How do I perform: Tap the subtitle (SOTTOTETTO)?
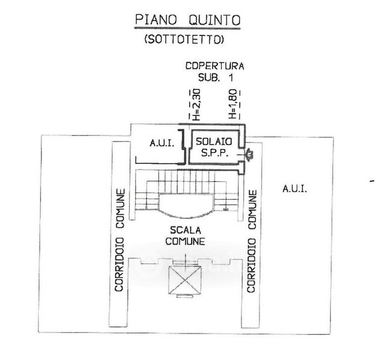coord(184,40)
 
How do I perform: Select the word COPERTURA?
coord(214,66)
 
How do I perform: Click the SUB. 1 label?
coord(214,77)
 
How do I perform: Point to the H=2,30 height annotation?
coord(195,104)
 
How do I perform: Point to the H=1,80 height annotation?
coord(233,104)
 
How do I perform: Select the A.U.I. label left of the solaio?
coord(161,143)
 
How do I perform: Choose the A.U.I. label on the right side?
coord(294,188)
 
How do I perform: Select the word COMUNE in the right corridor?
coord(253,210)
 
